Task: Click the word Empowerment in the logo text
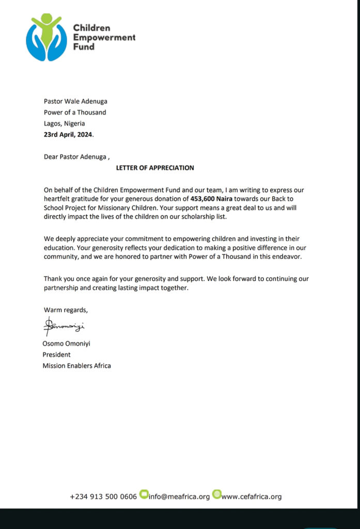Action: point(104,37)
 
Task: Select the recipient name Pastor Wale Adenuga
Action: point(75,101)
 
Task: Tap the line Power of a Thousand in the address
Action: point(75,113)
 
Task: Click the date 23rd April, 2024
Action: point(69,135)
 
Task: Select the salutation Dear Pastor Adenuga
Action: point(76,157)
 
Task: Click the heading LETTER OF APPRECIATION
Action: point(155,168)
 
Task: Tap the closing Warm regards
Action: point(66,310)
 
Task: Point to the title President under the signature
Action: point(56,355)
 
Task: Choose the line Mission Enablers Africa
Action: point(76,366)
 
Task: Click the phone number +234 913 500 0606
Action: point(103,496)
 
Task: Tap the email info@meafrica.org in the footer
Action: point(179,496)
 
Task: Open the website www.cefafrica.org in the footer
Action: point(252,496)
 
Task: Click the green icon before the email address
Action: point(144,494)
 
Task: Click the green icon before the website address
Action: point(217,494)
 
